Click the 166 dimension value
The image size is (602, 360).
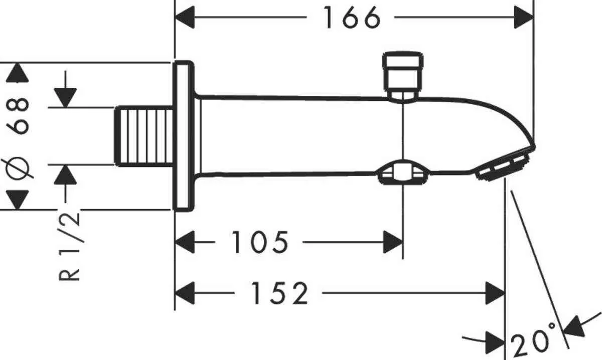[x=352, y=18]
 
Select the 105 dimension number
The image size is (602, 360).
[x=260, y=242]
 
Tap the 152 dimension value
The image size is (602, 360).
[x=279, y=293]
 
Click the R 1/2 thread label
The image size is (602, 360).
[x=70, y=246]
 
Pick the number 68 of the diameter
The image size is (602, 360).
[x=18, y=116]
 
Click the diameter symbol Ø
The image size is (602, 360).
[x=18, y=168]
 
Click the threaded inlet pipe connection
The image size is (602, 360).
[x=143, y=136]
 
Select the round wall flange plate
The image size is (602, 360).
[x=184, y=136]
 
